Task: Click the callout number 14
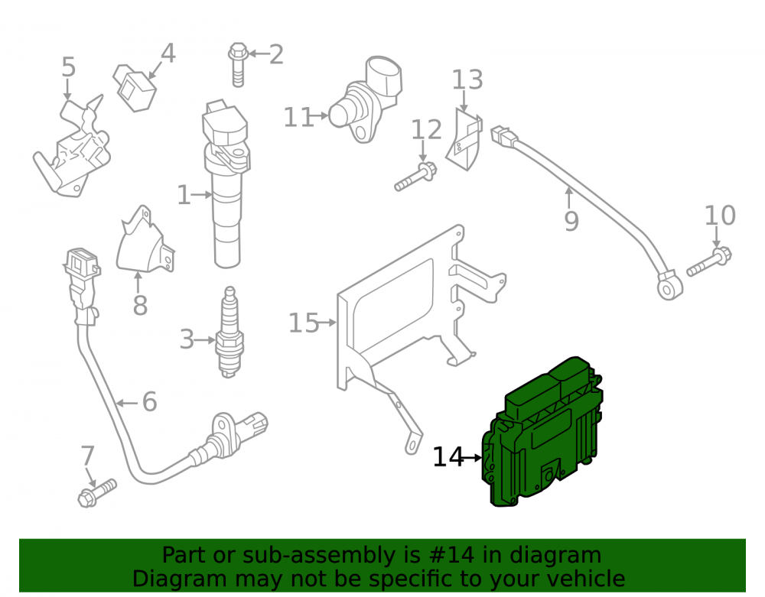[448, 458]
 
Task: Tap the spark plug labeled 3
[229, 332]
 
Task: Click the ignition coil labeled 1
[226, 183]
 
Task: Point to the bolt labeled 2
[238, 64]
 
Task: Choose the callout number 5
[69, 67]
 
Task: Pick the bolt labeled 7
[98, 493]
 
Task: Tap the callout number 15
[304, 323]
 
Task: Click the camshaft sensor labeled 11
[366, 99]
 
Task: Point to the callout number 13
[467, 79]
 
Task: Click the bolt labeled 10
[709, 262]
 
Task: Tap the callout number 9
[571, 221]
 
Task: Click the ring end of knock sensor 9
[669, 288]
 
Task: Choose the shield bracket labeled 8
[145, 240]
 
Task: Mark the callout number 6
[150, 402]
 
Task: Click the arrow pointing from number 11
[318, 116]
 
